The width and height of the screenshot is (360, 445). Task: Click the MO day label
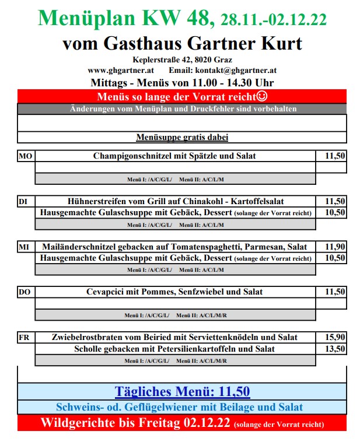coord(26,156)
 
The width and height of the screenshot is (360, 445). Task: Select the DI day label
coord(23,202)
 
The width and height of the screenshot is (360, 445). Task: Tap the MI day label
coord(24,247)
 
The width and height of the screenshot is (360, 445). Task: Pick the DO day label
coord(25,292)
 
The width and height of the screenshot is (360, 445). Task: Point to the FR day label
coord(25,338)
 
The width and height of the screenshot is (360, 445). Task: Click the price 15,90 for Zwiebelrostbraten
coord(334,338)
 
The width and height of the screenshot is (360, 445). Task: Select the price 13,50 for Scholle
coord(334,349)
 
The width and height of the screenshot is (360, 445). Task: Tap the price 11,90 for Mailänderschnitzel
coord(334,247)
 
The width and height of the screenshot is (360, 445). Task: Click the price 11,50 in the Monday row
coord(334,156)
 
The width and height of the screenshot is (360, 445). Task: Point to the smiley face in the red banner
coord(263,96)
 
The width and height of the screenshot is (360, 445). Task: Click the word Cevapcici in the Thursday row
coord(106,292)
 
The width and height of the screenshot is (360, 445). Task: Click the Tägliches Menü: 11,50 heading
coord(182,391)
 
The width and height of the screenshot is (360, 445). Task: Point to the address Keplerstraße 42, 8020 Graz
coord(181,59)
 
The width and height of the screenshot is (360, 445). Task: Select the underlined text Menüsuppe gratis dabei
coord(182,138)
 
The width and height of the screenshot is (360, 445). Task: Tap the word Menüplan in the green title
coord(81,19)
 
